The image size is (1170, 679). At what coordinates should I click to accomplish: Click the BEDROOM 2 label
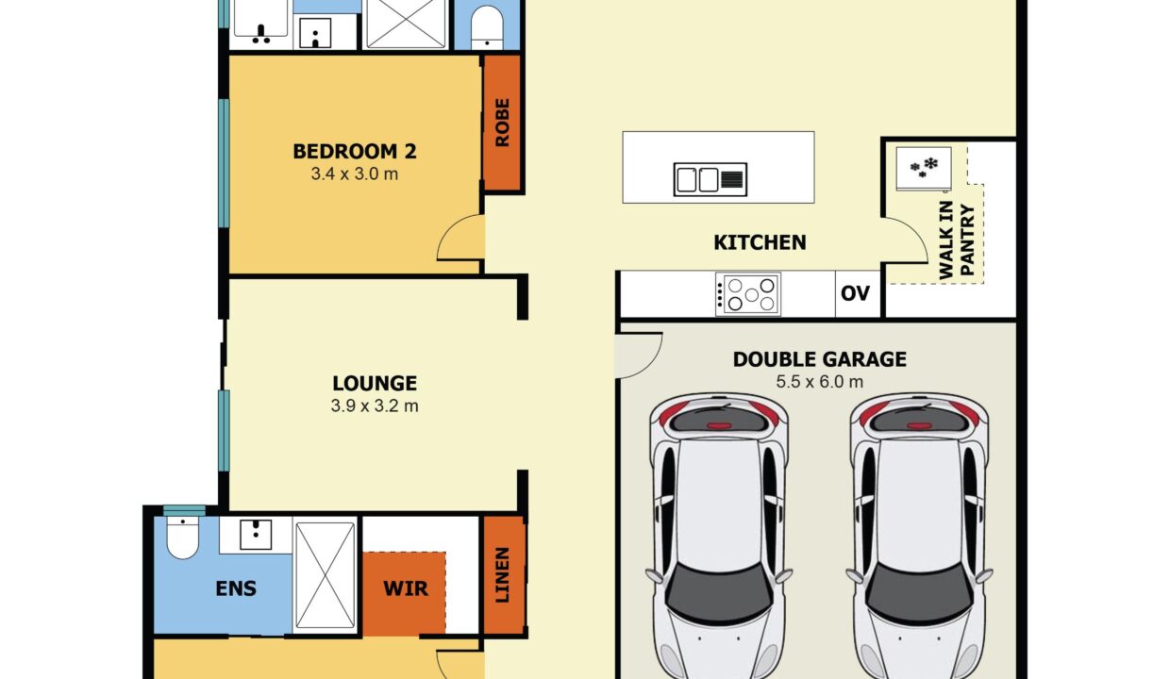point(355,151)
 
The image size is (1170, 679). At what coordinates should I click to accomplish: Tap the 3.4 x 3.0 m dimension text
point(355,174)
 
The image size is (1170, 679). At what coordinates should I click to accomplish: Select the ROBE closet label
point(502,123)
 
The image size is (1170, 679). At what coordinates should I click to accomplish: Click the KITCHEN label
point(760,242)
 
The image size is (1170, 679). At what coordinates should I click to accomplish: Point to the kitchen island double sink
point(710,179)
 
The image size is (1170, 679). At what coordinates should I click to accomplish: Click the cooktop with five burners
point(748,294)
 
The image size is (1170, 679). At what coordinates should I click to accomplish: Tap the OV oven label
point(855,293)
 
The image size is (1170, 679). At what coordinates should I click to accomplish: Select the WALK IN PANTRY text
point(957,240)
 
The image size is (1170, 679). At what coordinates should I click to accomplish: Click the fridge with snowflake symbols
point(924,169)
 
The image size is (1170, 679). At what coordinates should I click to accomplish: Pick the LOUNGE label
point(375,384)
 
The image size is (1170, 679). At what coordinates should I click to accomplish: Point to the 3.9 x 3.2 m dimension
point(375,406)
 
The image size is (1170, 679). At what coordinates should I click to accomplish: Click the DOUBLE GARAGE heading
point(820,359)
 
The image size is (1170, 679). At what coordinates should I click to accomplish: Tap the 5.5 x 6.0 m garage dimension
point(820,382)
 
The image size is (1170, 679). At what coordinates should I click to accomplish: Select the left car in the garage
point(718,536)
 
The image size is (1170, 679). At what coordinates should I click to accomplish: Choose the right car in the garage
point(919,536)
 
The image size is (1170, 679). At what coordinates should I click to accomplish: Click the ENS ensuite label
point(236,588)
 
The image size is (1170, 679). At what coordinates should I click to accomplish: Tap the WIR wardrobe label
point(406,588)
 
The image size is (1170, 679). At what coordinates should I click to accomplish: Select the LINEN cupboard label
point(502,574)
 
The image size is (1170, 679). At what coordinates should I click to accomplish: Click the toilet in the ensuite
point(182,538)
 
